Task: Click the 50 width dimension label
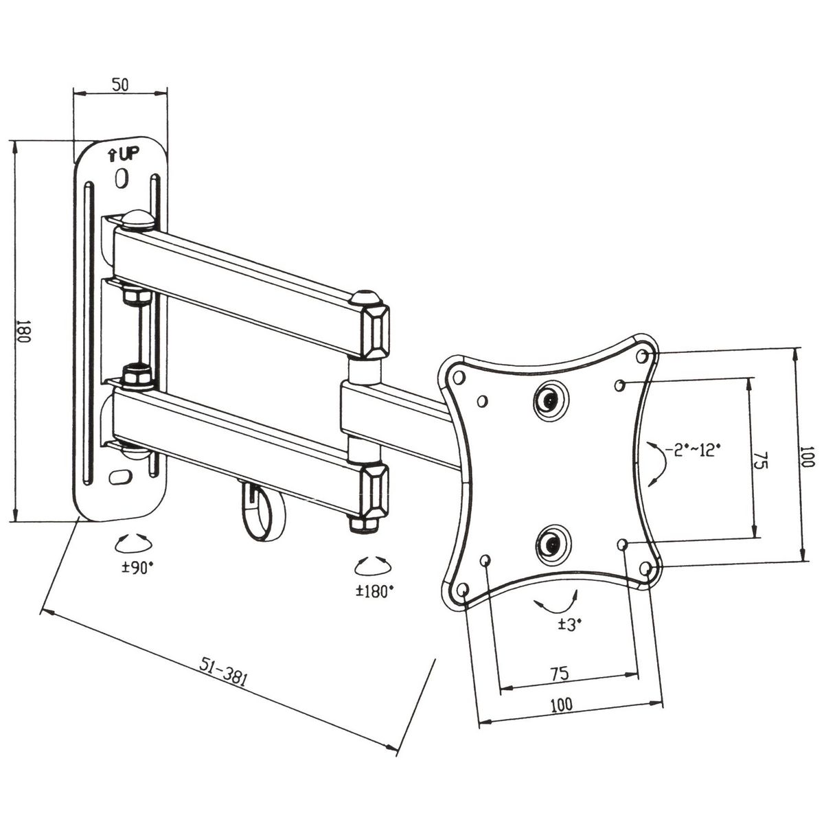pos(120,85)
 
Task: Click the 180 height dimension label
pos(23,332)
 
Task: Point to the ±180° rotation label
pos(375,590)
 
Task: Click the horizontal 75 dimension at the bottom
pos(560,674)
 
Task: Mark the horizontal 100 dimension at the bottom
pos(561,704)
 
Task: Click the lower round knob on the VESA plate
pos(550,542)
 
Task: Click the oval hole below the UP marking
pos(122,179)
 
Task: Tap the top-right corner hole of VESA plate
pos(643,356)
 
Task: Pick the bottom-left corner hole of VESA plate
pos(461,589)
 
